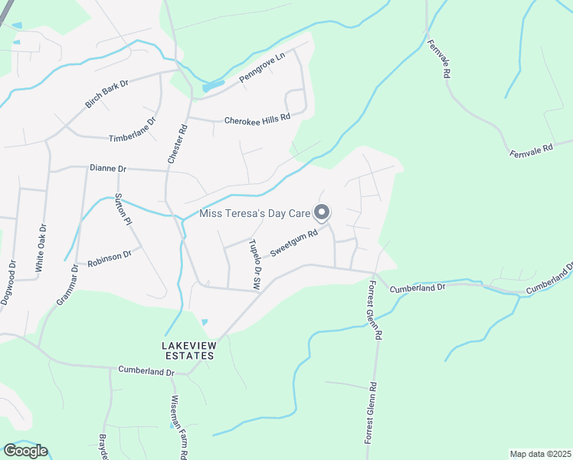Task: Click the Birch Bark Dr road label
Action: pyautogui.click(x=107, y=93)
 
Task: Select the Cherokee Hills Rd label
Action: pyautogui.click(x=257, y=120)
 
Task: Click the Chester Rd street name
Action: pyautogui.click(x=176, y=144)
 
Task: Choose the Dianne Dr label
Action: pyautogui.click(x=107, y=168)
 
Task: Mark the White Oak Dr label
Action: pyautogui.click(x=42, y=248)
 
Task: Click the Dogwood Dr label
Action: pyautogui.click(x=8, y=283)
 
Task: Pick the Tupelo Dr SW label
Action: pyautogui.click(x=255, y=263)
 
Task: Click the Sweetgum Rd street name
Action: pyautogui.click(x=293, y=245)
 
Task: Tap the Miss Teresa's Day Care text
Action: pyautogui.click(x=254, y=214)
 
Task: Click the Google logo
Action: pyautogui.click(x=25, y=451)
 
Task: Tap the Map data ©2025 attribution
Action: pyautogui.click(x=539, y=454)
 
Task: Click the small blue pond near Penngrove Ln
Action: pyautogui.click(x=213, y=87)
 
